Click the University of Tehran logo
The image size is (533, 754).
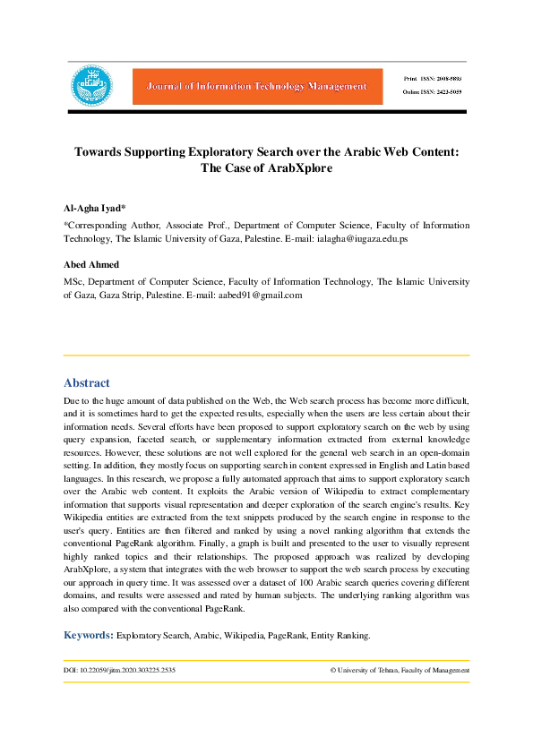click(x=92, y=86)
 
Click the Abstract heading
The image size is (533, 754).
click(x=87, y=382)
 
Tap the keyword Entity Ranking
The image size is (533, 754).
click(x=340, y=636)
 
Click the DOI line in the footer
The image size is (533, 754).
click(x=119, y=670)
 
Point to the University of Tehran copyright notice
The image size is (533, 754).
click(x=400, y=670)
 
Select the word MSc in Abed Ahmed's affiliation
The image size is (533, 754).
click(x=73, y=280)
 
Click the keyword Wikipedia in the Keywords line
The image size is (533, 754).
click(x=235, y=636)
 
